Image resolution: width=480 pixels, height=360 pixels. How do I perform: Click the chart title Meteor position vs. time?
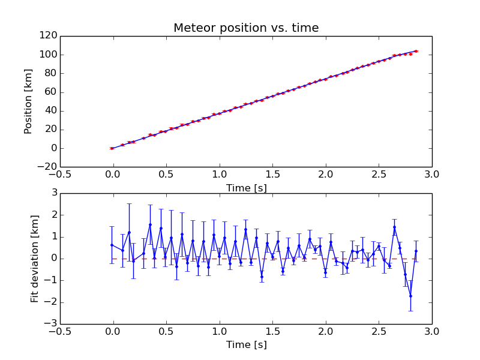[246, 28]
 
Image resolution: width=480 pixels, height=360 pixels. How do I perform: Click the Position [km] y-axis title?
[28, 101]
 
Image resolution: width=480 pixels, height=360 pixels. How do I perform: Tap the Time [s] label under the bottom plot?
[246, 344]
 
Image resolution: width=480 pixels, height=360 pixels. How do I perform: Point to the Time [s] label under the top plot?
[246, 188]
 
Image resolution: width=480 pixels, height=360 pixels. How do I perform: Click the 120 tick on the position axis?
[48, 36]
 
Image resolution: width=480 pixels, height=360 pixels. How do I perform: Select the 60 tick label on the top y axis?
[50, 92]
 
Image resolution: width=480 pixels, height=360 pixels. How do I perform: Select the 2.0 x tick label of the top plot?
[325, 175]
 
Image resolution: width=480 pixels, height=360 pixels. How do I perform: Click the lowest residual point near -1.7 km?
[410, 296]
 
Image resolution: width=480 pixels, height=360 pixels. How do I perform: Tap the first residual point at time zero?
[112, 245]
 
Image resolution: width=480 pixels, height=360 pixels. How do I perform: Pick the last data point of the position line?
[416, 51]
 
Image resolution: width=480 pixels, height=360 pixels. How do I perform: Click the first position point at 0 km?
[112, 148]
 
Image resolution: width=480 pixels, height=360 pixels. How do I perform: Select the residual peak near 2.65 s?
[394, 227]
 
